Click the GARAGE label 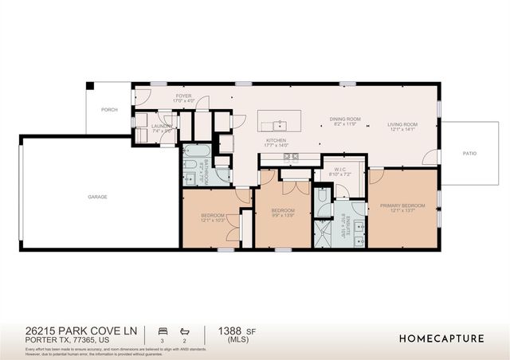click(97, 197)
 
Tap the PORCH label click(109, 110)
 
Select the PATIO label click(469, 153)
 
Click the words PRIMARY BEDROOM click(402, 205)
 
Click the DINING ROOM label click(346, 119)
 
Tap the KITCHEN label click(276, 141)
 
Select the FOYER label click(183, 96)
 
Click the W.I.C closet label click(339, 169)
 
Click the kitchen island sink click(279, 125)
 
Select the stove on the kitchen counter click(292, 156)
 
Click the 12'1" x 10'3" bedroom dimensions click(213, 221)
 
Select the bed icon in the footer click(163, 329)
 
